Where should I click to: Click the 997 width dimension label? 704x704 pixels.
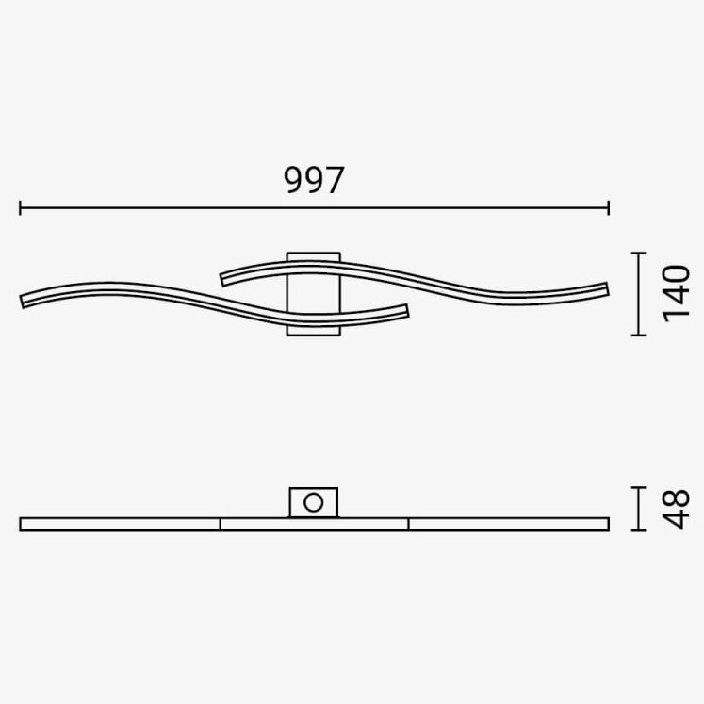pyautogui.click(x=314, y=180)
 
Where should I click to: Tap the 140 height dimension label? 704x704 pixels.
pyautogui.click(x=676, y=294)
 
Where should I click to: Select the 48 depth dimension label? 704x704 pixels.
pyautogui.click(x=676, y=509)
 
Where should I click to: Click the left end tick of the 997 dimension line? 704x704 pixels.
pyautogui.click(x=20, y=208)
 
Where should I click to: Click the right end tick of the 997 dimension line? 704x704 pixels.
pyautogui.click(x=609, y=208)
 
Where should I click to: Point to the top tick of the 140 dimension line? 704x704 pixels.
pyautogui.click(x=638, y=254)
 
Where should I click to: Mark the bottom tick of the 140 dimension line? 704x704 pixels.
pyautogui.click(x=638, y=335)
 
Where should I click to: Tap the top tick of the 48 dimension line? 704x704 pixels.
pyautogui.click(x=638, y=487)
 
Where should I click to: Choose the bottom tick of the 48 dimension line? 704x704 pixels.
pyautogui.click(x=638, y=530)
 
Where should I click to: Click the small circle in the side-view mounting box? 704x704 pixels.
pyautogui.click(x=314, y=502)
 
